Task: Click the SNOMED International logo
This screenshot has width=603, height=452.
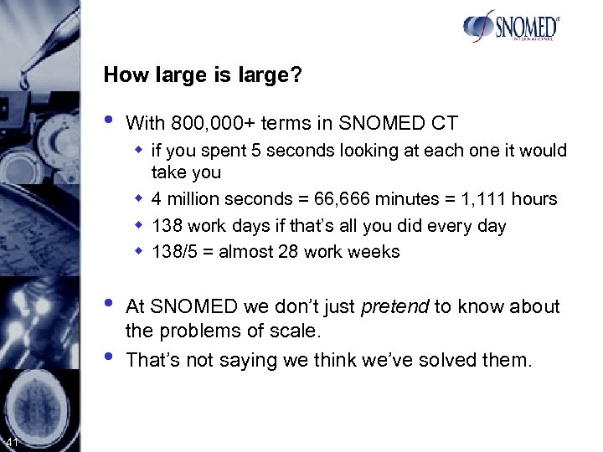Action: (510, 27)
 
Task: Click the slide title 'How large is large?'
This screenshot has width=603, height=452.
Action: (203, 75)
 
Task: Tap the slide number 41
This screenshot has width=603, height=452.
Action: (12, 442)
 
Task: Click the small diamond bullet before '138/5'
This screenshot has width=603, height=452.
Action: (141, 252)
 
